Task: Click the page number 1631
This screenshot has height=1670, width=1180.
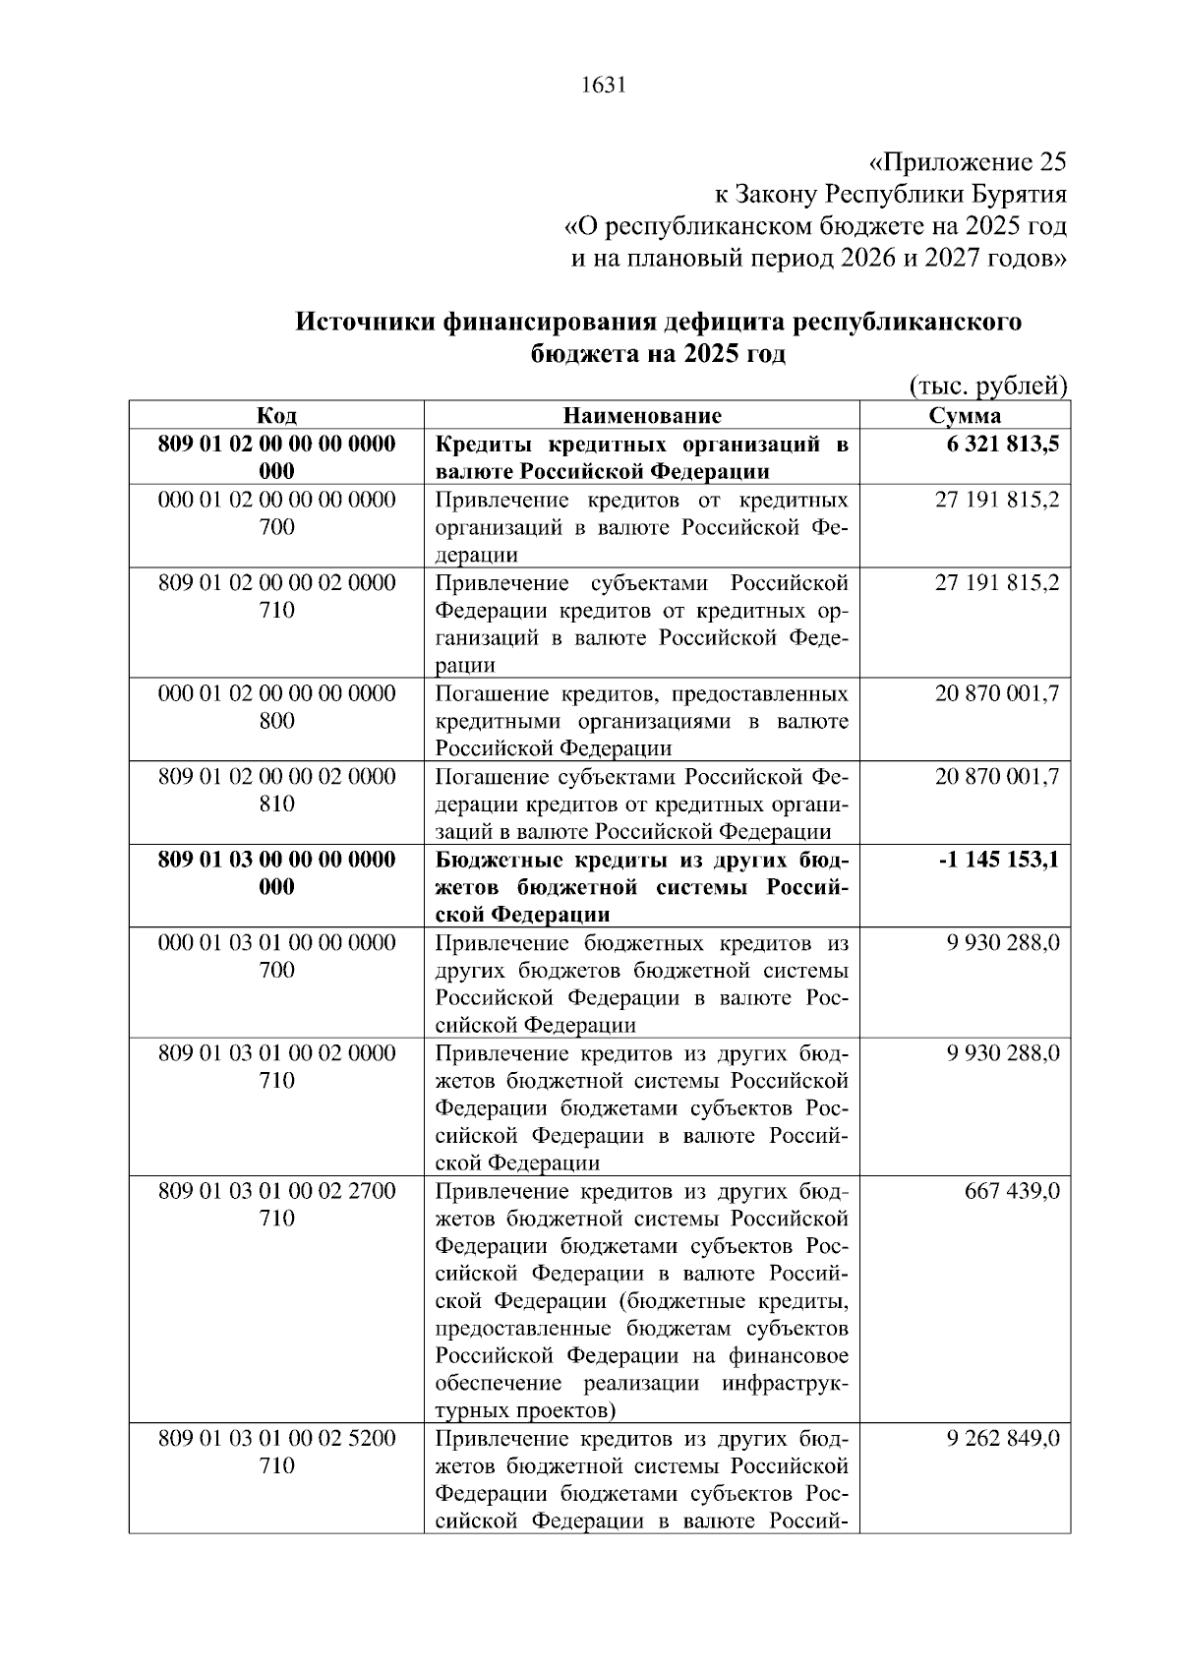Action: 603,86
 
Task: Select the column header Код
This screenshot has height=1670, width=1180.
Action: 276,415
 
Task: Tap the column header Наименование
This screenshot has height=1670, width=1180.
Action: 642,415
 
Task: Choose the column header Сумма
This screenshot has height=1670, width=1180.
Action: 965,415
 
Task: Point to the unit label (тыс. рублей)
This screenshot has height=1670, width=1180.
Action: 987,386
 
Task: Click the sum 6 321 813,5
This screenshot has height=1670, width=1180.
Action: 1003,444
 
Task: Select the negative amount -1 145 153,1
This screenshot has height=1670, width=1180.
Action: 999,860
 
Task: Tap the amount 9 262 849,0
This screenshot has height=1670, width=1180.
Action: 1003,1439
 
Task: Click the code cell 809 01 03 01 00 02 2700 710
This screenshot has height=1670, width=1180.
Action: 276,1205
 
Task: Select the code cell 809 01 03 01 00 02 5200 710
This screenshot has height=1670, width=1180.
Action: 276,1453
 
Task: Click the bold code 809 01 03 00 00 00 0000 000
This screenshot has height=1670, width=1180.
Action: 276,873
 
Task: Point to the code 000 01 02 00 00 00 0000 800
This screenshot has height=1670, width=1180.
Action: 276,707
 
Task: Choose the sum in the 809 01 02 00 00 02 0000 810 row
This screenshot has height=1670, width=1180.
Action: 997,777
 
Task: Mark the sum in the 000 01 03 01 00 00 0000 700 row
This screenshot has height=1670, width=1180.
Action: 1003,943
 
